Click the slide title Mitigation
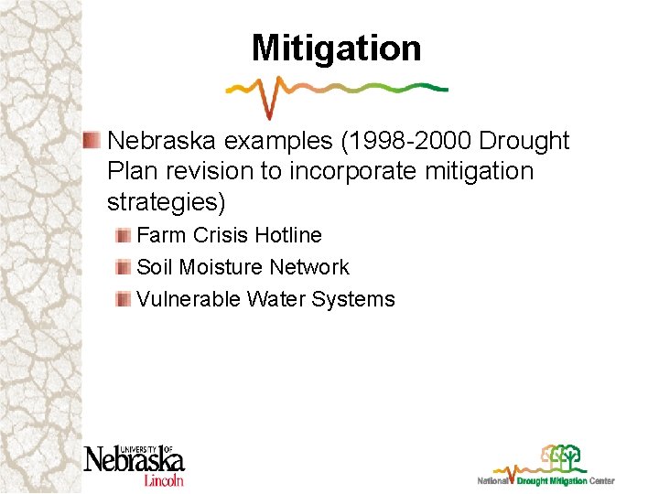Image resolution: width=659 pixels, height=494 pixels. [336, 48]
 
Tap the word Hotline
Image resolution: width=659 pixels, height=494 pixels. [288, 235]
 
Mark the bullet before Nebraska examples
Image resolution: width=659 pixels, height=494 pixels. [92, 140]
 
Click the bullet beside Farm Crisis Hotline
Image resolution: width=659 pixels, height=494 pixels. [124, 235]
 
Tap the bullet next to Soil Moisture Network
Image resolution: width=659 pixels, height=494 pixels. [124, 267]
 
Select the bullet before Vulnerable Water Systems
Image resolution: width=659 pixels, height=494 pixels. [124, 299]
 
